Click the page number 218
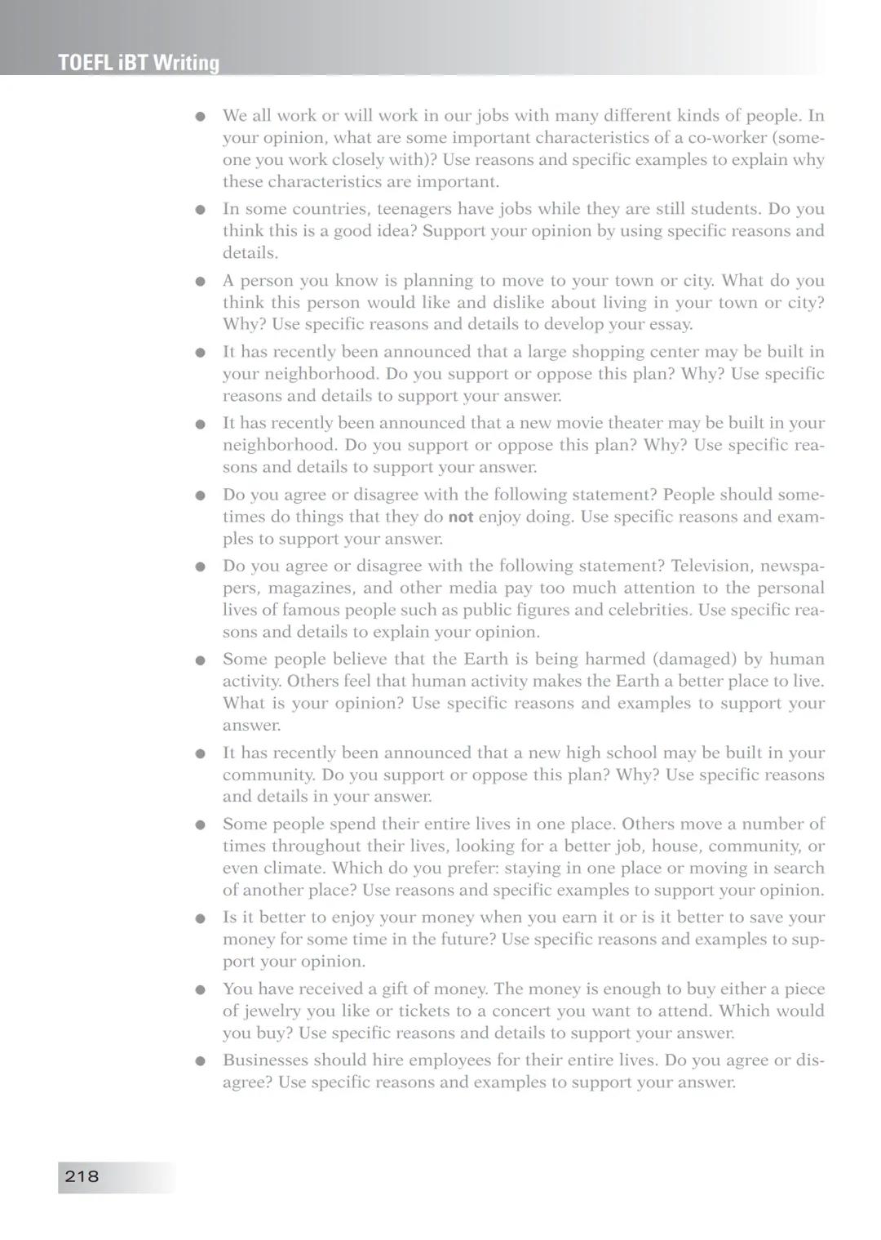tap(82, 1176)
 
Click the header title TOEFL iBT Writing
tap(139, 63)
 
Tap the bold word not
tap(461, 517)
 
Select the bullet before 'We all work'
tap(200, 117)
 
